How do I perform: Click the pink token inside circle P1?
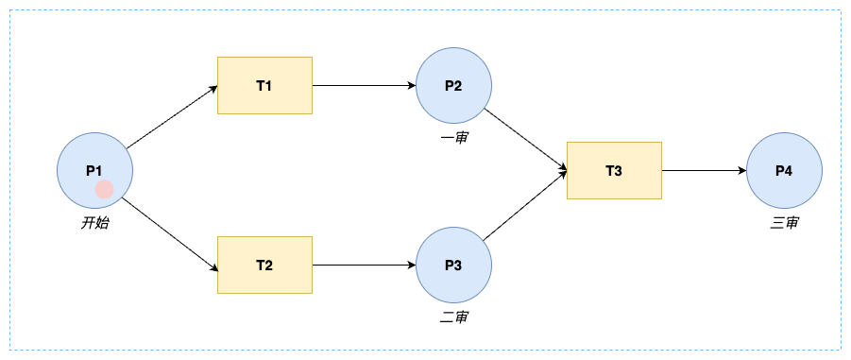click(104, 190)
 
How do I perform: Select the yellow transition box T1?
click(264, 85)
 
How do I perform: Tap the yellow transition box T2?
click(264, 265)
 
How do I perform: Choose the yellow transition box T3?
click(614, 170)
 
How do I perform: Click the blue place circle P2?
click(453, 85)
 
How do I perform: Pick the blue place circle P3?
click(453, 265)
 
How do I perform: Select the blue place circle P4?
click(784, 170)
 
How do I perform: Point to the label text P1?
click(94, 170)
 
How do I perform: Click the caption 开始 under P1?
click(95, 223)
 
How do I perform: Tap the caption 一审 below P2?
click(454, 138)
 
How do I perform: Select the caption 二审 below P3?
click(454, 317)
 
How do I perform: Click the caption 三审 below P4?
click(784, 223)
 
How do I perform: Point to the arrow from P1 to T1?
click(172, 117)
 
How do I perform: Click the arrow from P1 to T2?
click(170, 234)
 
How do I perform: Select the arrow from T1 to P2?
click(365, 85)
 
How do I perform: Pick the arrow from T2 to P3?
click(365, 265)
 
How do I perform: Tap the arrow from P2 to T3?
click(525, 140)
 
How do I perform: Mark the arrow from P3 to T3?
click(525, 206)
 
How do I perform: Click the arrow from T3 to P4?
click(704, 170)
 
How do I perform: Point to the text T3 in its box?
click(614, 171)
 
